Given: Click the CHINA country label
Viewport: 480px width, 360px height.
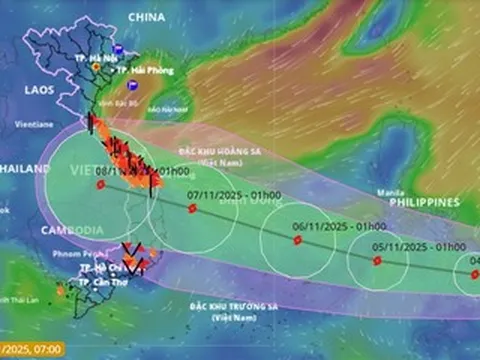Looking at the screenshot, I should click(x=146, y=17).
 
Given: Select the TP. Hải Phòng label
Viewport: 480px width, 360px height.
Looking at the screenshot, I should click(x=144, y=70).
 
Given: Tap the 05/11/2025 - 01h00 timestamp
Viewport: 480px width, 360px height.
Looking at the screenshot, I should click(x=405, y=246).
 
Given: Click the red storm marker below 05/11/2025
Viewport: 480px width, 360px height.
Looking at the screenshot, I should click(x=377, y=260).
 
